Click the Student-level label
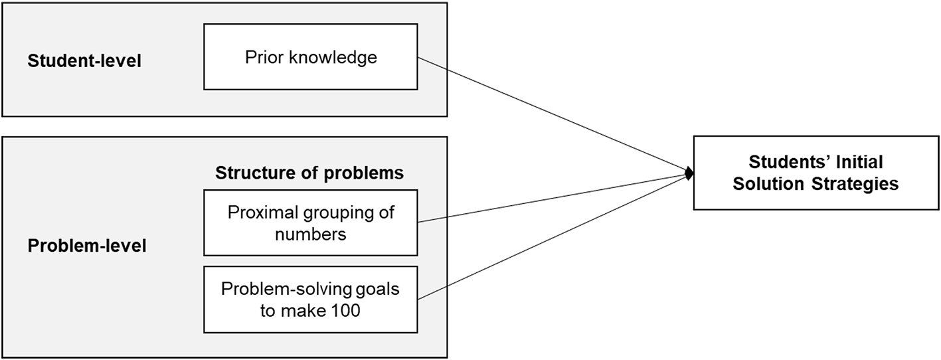point(84,61)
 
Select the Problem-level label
point(87,246)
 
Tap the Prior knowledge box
point(310,56)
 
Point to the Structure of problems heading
point(309,173)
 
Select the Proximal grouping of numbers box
point(310,223)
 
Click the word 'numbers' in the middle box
point(310,234)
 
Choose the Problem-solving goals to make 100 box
point(310,299)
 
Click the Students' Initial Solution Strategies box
point(815,173)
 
